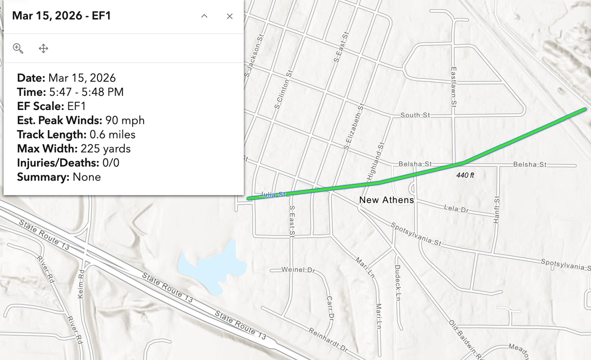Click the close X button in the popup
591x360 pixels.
click(230, 16)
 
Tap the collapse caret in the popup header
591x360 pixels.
click(204, 16)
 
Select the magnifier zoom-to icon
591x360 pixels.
click(18, 48)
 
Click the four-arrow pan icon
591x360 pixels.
click(44, 48)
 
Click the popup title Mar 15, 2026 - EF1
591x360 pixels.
click(62, 16)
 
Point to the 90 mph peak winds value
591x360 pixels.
click(125, 120)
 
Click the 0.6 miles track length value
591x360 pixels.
click(112, 135)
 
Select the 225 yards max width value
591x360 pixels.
click(106, 149)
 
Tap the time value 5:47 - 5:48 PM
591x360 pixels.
click(86, 92)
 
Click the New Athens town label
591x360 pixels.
click(387, 200)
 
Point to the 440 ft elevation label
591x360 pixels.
click(465, 175)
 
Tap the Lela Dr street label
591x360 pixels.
click(456, 208)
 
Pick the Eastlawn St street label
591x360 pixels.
click(453, 86)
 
